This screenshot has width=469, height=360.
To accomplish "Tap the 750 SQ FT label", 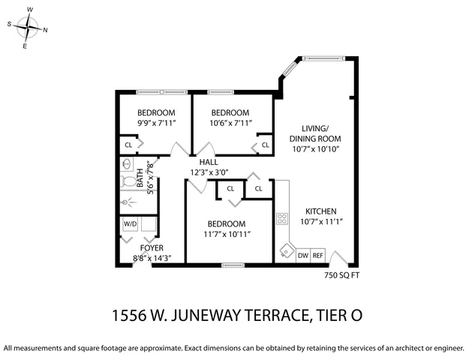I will click(335, 275).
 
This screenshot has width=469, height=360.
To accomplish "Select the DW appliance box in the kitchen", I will click(303, 256).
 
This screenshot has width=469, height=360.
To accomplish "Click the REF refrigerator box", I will click(318, 256).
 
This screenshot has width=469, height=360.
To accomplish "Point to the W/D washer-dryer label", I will click(130, 223).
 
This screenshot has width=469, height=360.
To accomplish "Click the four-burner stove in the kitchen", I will click(283, 219).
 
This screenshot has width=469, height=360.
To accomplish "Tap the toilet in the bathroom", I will click(128, 181).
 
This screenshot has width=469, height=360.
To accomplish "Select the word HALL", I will click(209, 162).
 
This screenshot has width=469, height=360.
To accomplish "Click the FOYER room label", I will click(152, 247).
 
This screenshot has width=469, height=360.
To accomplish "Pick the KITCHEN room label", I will click(320, 211).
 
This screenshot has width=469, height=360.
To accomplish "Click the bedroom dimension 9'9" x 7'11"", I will click(156, 123).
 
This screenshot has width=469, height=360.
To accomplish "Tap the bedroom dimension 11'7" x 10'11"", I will click(226, 234).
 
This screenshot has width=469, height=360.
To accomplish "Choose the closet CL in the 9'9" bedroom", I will click(128, 145).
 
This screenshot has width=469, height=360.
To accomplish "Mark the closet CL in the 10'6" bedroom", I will click(265, 145).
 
